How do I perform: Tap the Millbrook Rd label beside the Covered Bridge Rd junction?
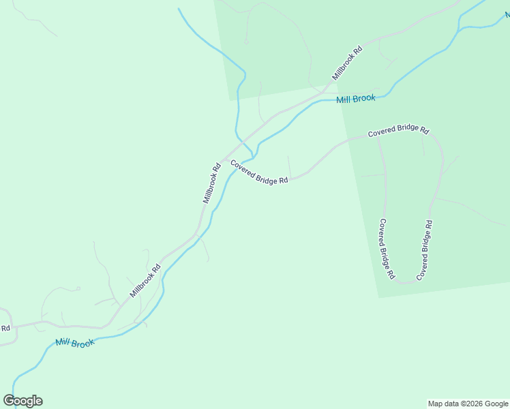[x=212, y=183]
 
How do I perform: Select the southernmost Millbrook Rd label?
[x=145, y=281]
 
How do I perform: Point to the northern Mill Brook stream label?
[x=356, y=99]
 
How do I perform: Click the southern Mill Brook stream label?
[x=75, y=343]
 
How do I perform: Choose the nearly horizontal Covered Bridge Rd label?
[x=398, y=131]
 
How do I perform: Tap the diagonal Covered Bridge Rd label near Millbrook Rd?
[x=259, y=172]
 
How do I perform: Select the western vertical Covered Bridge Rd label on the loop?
[x=387, y=249]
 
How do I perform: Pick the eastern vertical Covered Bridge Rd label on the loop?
[x=424, y=249]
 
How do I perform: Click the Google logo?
[x=22, y=401]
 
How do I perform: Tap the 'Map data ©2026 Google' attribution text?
[x=468, y=404]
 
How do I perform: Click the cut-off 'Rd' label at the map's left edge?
[x=5, y=328]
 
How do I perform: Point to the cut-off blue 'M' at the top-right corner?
[x=507, y=14]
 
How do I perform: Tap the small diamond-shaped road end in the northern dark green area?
[x=246, y=42]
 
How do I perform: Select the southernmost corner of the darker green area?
[x=378, y=297]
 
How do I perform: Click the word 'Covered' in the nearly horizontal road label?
[x=382, y=133]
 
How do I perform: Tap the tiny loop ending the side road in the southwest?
[x=78, y=288]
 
